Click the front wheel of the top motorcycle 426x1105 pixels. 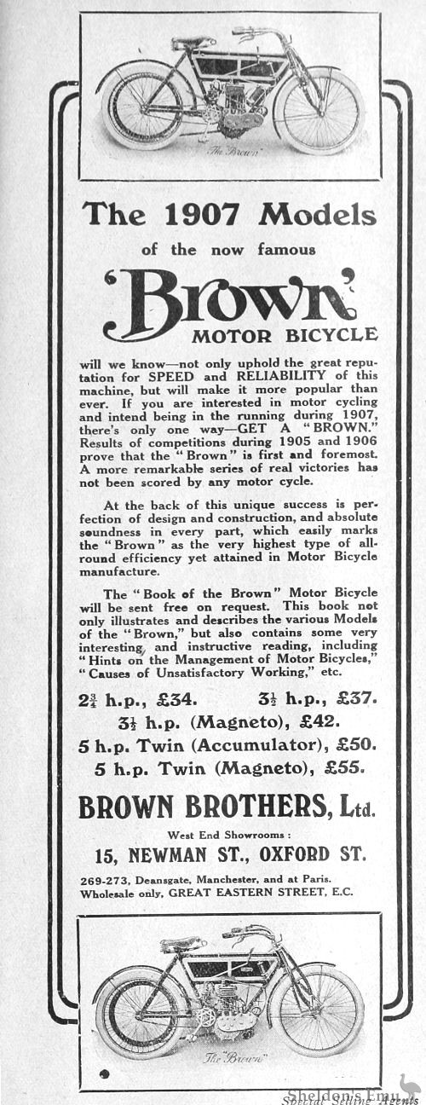tap(317, 112)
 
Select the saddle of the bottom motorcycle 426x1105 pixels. tap(182, 945)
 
